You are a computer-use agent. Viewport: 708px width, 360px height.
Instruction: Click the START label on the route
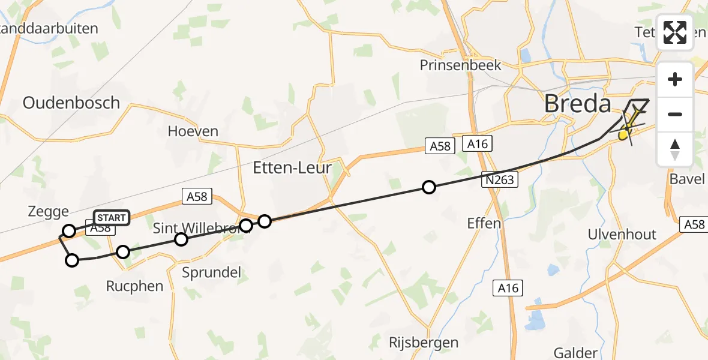111,217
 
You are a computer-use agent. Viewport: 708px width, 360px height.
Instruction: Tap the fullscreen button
675,32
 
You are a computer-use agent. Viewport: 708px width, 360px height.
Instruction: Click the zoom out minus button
675,114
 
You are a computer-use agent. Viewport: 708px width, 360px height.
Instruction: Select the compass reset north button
675,149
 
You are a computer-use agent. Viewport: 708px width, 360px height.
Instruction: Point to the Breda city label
577,104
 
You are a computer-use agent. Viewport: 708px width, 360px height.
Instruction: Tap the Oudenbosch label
71,103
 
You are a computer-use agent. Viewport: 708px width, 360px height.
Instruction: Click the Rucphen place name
134,286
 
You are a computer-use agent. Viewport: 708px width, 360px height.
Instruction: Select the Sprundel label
211,272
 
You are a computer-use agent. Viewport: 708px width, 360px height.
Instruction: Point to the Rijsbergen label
423,343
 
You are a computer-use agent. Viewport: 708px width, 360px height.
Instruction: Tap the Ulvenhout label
622,235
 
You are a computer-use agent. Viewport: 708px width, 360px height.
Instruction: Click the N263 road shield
499,179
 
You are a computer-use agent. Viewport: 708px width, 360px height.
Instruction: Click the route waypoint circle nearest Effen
428,187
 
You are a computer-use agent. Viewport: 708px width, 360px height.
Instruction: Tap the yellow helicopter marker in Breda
625,134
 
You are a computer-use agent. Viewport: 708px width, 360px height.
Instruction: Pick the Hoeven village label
193,131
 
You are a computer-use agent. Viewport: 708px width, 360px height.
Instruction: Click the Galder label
575,353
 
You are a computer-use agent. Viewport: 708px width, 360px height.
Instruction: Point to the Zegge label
48,211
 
